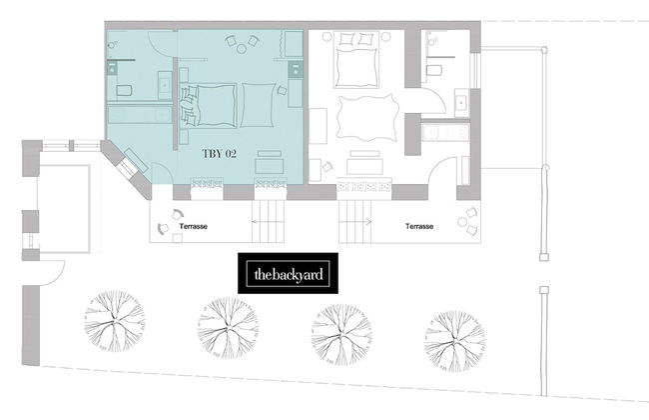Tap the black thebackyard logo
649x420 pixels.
tap(287, 274)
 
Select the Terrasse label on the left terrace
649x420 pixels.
tap(193, 227)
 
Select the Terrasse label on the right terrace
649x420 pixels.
tap(420, 227)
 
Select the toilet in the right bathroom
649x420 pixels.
tap(436, 69)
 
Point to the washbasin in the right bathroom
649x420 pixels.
tap(461, 102)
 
